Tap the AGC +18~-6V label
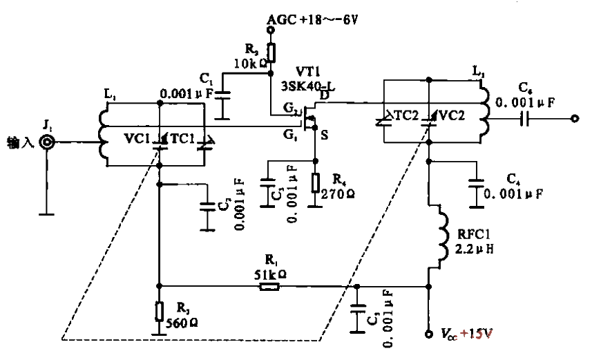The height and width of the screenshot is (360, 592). point(312,21)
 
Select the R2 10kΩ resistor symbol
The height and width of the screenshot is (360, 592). point(271,53)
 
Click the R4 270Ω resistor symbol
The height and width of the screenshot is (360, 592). point(316,183)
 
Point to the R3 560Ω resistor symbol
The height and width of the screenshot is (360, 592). point(160,310)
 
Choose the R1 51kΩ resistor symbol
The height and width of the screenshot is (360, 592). point(268,285)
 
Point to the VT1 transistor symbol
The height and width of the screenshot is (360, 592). point(309,118)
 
